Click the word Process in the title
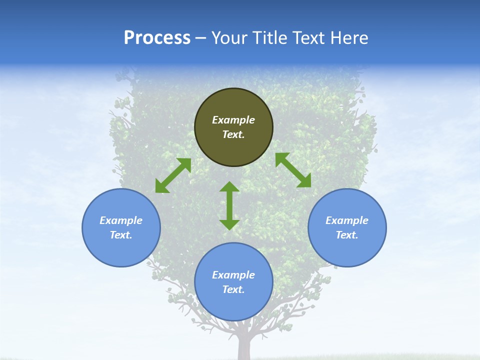(157, 38)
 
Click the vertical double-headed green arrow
(229, 205)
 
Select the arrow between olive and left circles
(173, 175)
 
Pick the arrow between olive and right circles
(293, 170)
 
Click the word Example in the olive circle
(233, 120)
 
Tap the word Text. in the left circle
(121, 235)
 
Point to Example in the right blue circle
(347, 220)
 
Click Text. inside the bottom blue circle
(233, 289)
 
